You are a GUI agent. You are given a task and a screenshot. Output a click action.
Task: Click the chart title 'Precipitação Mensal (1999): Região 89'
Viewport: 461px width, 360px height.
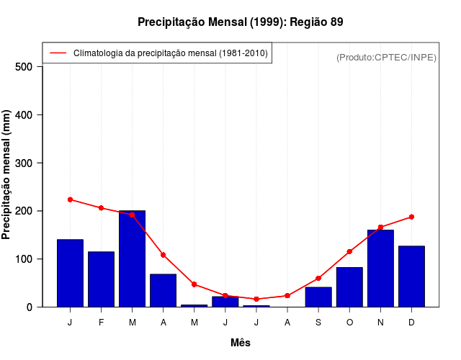[240, 22]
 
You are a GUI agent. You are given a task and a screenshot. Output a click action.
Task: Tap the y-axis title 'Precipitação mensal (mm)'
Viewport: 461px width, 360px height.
[6, 175]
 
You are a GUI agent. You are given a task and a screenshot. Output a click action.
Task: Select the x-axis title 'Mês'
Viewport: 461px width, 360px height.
[241, 343]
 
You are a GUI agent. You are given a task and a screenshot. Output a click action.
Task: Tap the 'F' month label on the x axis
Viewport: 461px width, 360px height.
[101, 323]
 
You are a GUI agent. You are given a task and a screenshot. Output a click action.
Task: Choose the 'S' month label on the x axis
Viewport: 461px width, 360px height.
[318, 323]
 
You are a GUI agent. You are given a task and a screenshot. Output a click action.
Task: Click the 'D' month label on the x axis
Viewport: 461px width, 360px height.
[411, 323]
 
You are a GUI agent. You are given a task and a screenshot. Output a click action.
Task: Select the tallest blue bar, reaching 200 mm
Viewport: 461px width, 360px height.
[132, 259]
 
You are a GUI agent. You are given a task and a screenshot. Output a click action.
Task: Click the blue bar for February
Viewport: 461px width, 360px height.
[101, 279]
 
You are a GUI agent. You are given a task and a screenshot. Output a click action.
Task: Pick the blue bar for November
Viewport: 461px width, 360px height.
[380, 269]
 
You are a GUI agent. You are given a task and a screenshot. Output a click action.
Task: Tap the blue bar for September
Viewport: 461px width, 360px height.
[318, 297]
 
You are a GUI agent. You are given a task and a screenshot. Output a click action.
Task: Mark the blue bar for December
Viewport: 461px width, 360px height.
[411, 276]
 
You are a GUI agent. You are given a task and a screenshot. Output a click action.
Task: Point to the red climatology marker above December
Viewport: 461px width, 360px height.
[411, 217]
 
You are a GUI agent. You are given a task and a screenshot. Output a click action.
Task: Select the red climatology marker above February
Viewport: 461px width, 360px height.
[101, 208]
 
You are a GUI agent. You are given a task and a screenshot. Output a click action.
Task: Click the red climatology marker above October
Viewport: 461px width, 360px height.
[349, 251]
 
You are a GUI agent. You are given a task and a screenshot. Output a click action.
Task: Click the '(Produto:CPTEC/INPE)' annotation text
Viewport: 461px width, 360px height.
[386, 57]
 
